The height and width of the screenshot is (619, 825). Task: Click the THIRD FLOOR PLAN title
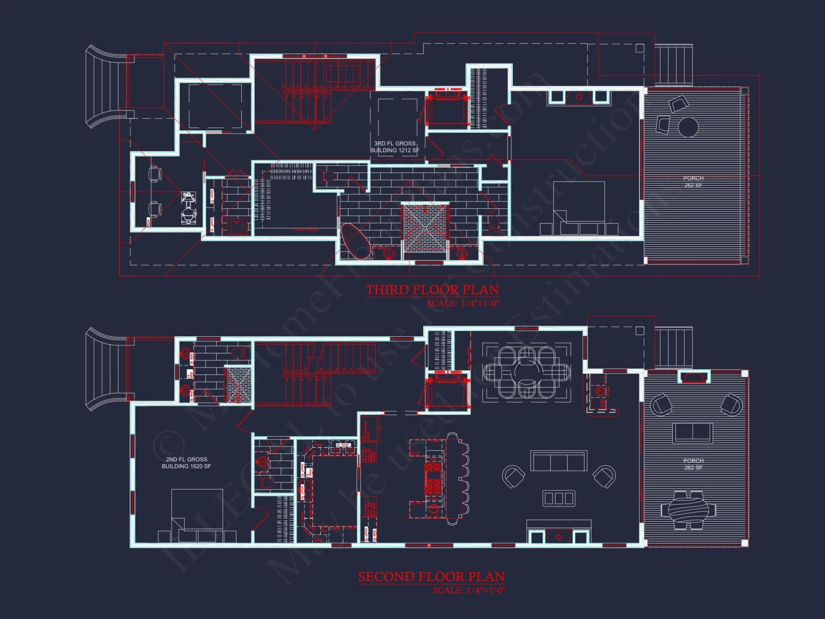pos(432,290)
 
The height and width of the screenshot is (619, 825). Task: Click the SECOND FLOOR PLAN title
pos(431,576)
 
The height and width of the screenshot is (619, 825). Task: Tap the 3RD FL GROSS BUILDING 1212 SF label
pos(394,147)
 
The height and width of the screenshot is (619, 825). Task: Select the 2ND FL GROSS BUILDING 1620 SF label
pos(186,463)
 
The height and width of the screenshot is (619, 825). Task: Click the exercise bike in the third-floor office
pos(189,208)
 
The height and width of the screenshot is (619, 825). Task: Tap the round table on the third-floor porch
pos(688,127)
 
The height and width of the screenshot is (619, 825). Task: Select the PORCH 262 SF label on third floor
pos(693,182)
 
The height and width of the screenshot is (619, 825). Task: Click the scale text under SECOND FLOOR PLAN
pos(468,591)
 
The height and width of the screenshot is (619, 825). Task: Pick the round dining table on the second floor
pos(526,372)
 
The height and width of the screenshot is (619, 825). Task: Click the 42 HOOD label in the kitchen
pos(343,445)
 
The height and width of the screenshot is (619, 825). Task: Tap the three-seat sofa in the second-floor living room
pos(559,461)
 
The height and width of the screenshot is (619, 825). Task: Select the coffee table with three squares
pos(559,499)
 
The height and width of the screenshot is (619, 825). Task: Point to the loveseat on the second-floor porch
pos(693,432)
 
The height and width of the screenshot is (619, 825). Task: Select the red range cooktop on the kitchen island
pos(433,479)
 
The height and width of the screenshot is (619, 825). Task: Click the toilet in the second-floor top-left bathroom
pos(238,353)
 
